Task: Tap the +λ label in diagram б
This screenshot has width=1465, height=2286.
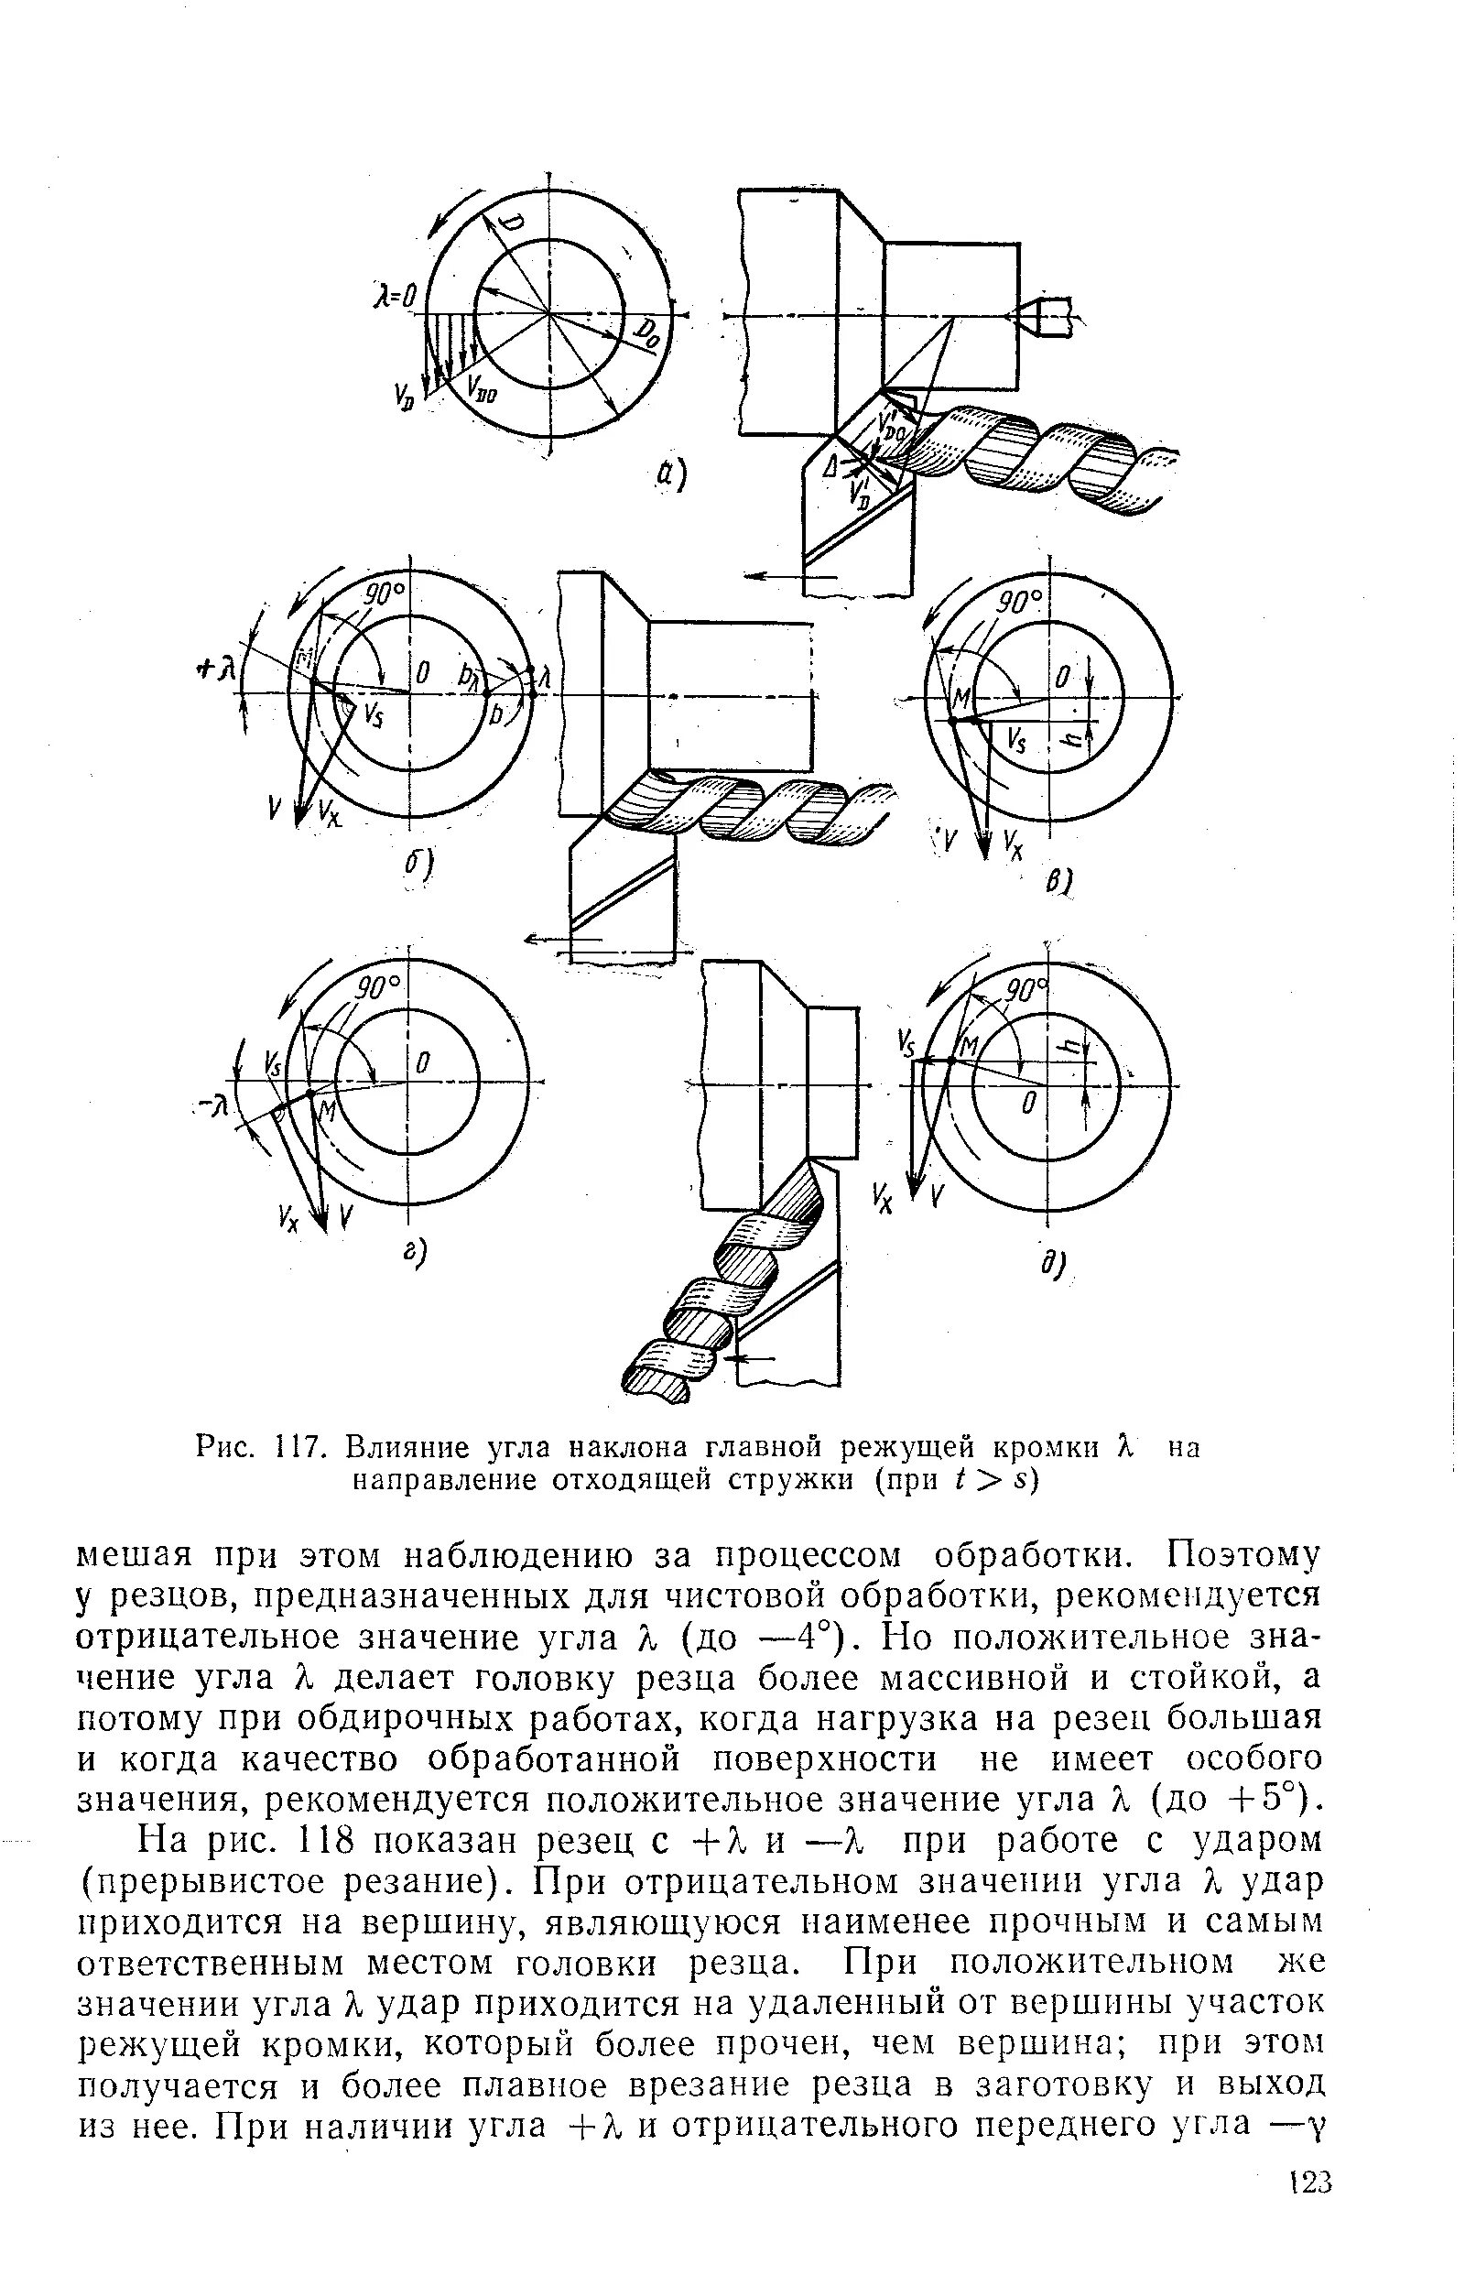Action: click(218, 671)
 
